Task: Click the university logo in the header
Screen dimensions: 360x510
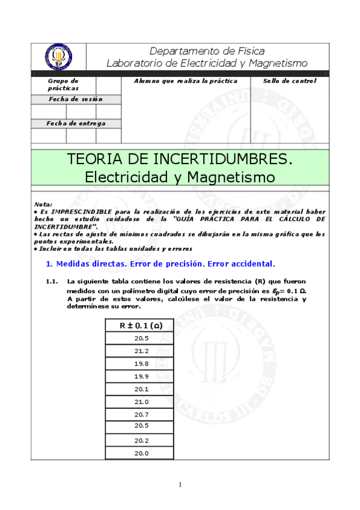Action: [58, 57]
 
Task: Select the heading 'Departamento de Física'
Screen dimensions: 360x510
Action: [207, 51]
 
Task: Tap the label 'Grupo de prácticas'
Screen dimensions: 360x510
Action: [63, 84]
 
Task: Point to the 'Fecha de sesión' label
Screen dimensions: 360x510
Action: [76, 99]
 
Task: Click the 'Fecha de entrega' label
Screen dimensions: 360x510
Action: [76, 123]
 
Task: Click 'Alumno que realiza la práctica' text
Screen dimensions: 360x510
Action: [186, 81]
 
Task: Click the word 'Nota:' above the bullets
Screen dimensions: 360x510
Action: [43, 204]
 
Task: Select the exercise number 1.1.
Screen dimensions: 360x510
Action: [52, 281]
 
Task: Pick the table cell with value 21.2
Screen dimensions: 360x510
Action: [141, 351]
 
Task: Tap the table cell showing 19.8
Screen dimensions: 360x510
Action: [141, 364]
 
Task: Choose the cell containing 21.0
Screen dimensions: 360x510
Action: [141, 402]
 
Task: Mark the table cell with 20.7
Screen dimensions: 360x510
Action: [141, 415]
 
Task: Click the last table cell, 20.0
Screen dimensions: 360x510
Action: [141, 453]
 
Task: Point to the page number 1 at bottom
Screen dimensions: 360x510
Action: [179, 485]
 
